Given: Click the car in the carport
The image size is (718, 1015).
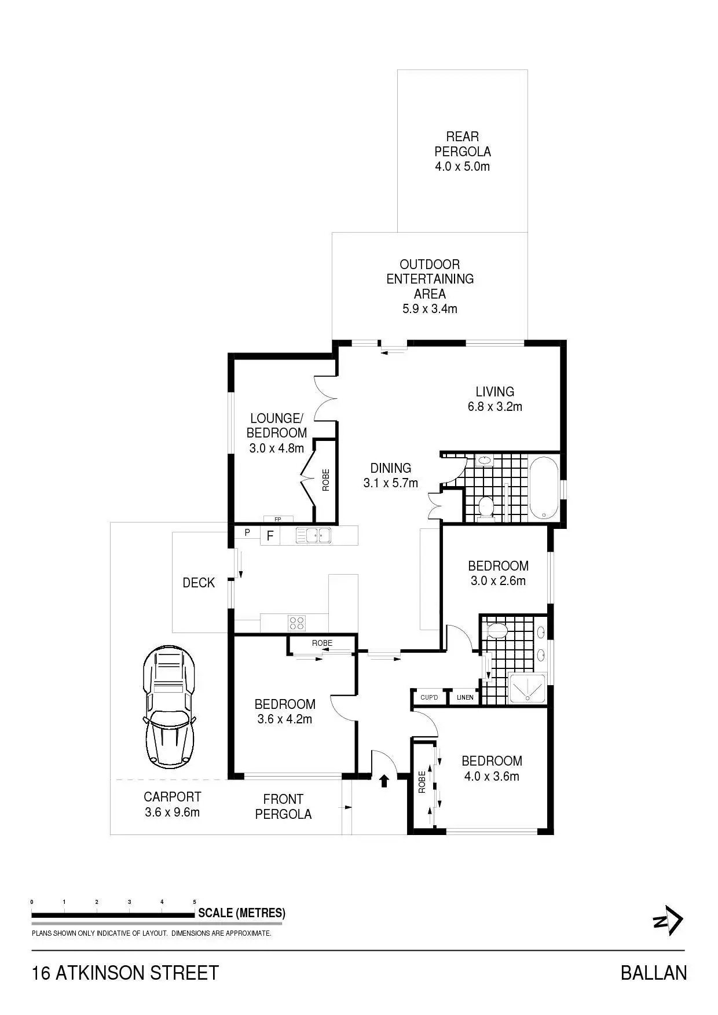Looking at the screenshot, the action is (x=169, y=706).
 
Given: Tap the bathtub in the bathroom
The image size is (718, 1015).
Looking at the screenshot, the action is (x=544, y=488).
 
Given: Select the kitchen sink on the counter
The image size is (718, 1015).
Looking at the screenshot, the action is (x=313, y=535).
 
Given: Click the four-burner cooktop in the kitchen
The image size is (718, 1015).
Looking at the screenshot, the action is (x=297, y=623).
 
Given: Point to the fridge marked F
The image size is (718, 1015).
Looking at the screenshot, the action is (x=270, y=536).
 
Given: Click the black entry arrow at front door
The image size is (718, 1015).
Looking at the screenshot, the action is (x=383, y=781).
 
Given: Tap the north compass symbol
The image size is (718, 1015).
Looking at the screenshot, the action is (x=669, y=920).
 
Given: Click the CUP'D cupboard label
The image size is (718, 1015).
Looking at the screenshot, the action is (x=429, y=697).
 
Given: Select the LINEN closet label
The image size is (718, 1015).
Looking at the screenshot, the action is (x=465, y=697).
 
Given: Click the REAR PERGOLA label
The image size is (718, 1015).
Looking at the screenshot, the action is (x=463, y=144).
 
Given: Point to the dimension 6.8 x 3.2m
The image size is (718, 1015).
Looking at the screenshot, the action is (x=495, y=407).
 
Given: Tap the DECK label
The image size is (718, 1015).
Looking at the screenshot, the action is (x=199, y=583).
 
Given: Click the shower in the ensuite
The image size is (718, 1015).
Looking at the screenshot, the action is (x=527, y=688).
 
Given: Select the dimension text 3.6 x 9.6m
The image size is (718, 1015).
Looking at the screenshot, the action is (x=172, y=812).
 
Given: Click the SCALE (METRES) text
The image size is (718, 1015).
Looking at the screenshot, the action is (x=241, y=913).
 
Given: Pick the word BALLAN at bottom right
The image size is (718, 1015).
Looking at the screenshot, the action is (x=653, y=973).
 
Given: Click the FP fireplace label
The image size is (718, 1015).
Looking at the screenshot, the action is (x=278, y=519).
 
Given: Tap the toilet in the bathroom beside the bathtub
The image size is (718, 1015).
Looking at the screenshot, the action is (x=486, y=506).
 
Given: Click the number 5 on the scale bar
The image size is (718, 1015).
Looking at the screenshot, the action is (x=194, y=902).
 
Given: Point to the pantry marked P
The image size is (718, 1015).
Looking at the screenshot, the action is (x=247, y=532).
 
